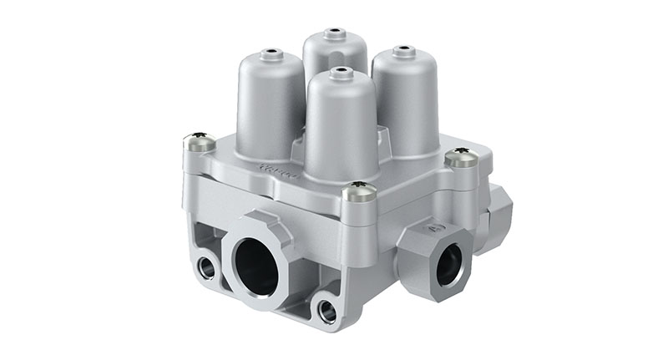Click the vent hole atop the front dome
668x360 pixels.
coord(337,72)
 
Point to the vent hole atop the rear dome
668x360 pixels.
coord(335,34)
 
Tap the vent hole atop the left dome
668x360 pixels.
coord(269,54)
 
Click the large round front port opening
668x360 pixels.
coord(255,267)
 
